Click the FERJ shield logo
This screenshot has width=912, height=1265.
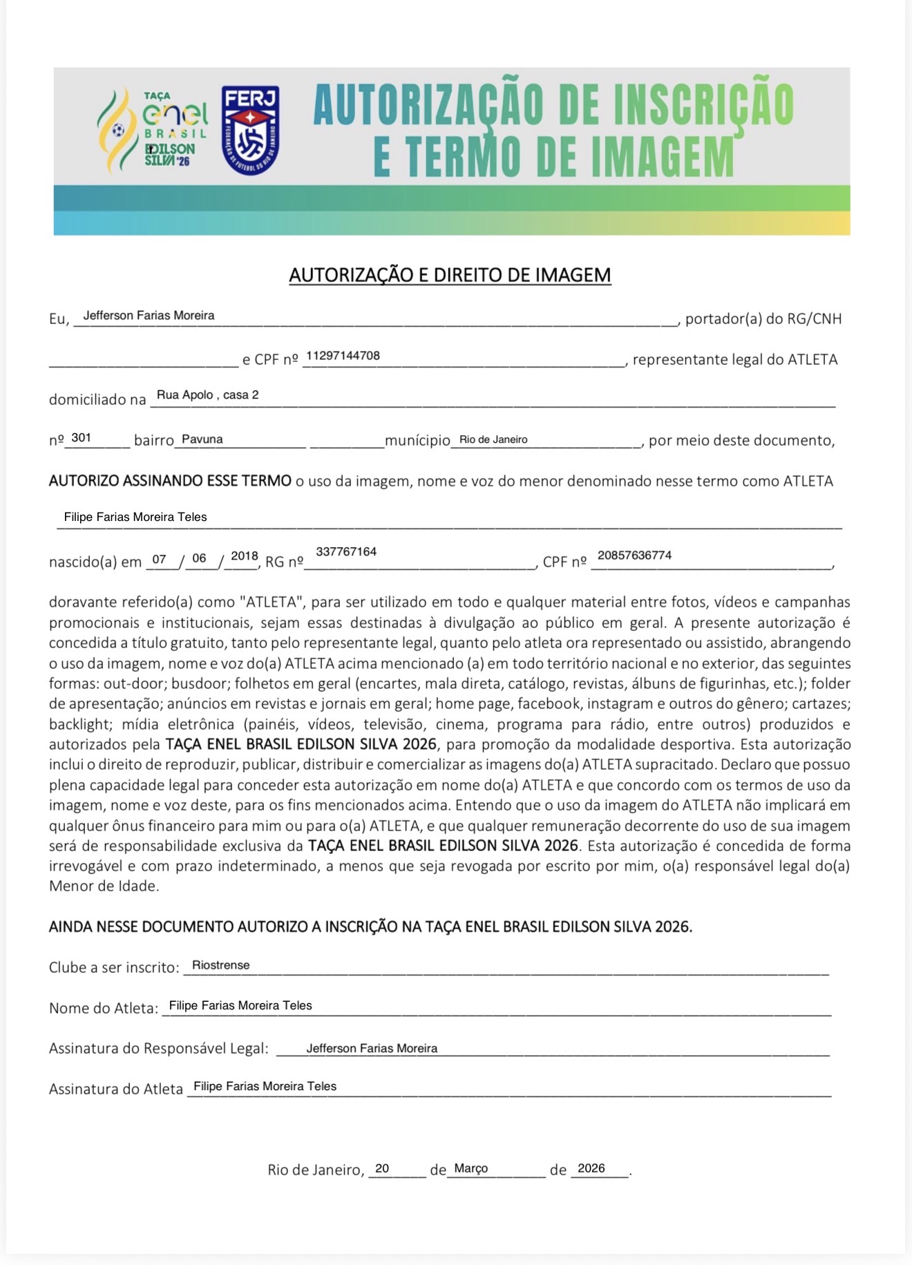click(250, 130)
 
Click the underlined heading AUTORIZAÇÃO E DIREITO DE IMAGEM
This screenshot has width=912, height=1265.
click(450, 275)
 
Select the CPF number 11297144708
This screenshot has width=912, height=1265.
click(343, 356)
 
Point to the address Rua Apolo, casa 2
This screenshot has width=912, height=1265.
click(208, 395)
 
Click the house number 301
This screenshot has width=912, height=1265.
click(81, 438)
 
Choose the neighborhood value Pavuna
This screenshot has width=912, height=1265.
click(202, 439)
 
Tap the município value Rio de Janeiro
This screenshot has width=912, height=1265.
click(493, 439)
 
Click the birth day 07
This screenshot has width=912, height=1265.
click(160, 559)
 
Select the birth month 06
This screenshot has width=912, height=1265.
click(199, 558)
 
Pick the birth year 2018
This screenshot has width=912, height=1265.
click(245, 556)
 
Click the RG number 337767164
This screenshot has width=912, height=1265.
click(346, 551)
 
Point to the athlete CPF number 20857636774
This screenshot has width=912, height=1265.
click(634, 555)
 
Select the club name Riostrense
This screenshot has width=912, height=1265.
click(221, 965)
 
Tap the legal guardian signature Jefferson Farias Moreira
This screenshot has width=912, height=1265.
click(372, 1048)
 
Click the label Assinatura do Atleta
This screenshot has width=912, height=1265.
click(115, 1089)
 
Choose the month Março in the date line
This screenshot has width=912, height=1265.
click(471, 1168)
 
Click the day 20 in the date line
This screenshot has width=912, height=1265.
click(382, 1168)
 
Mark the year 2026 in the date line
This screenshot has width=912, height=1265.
click(591, 1168)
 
